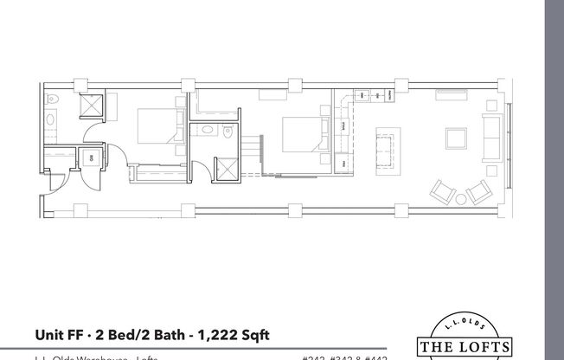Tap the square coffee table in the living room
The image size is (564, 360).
click(x=456, y=139)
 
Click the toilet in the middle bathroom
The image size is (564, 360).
click(x=228, y=132)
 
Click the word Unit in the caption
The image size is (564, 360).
click(x=50, y=333)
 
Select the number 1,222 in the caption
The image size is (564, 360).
click(x=221, y=333)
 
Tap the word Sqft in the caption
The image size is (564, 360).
click(x=263, y=333)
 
